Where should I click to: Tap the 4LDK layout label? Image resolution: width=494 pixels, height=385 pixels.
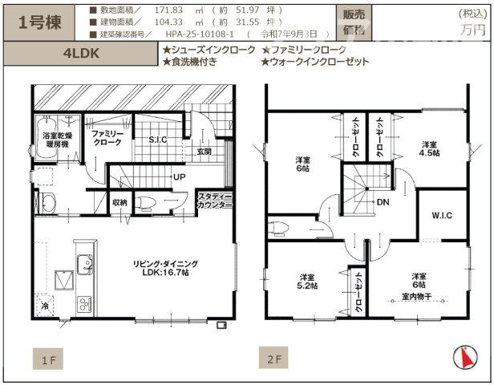(79, 55)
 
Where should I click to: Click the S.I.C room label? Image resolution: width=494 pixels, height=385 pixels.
(158, 140)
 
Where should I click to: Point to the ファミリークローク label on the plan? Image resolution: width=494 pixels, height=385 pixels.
(107, 136)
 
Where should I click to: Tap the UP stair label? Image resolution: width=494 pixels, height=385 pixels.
(179, 177)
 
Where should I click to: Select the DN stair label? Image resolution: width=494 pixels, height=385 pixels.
(383, 203)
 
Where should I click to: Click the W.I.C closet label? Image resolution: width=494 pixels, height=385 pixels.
(441, 215)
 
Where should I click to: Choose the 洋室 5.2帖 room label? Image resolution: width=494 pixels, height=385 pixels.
(309, 280)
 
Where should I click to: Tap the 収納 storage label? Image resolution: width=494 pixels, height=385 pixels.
(120, 202)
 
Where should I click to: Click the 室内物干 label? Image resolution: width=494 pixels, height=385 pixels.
(419, 296)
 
